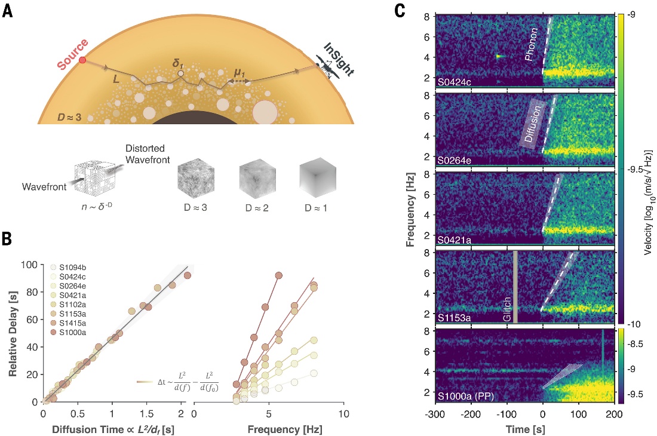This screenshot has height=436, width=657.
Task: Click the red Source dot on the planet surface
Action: point(82,60)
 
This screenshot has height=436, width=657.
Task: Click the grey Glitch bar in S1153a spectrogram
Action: point(515,287)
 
